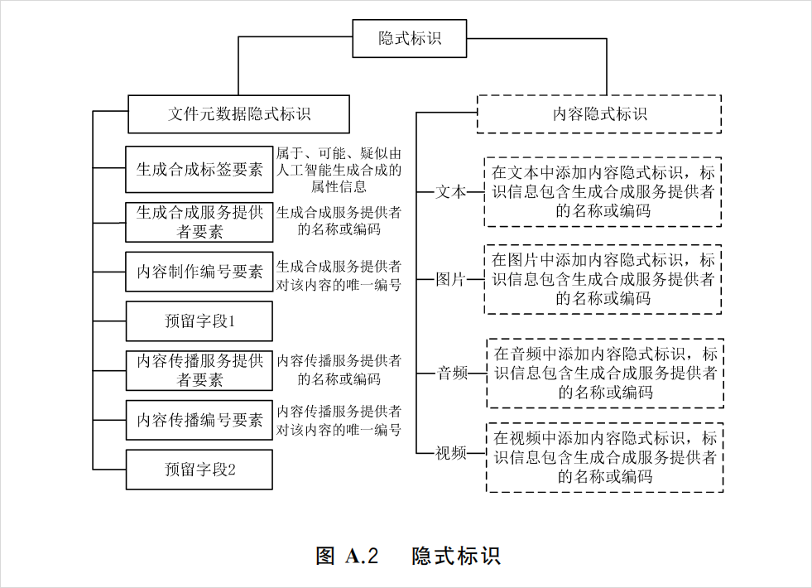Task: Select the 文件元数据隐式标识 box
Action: pos(239,113)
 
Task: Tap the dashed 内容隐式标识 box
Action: pos(599,114)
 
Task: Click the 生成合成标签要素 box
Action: pos(199,170)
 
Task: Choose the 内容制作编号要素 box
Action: pos(199,272)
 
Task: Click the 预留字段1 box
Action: pos(199,321)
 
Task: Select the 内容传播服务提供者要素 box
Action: pos(199,370)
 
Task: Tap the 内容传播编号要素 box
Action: pos(199,420)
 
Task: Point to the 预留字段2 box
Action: pos(199,470)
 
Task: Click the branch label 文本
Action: pos(451,192)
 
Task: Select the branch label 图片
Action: pos(451,279)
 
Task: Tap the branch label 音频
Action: pos(453,373)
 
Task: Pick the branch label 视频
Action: pos(451,453)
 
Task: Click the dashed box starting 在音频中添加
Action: pos(605,373)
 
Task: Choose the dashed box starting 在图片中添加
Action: pos(603,279)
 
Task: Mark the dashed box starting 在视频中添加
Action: pos(605,457)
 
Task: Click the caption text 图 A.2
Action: pos(348,556)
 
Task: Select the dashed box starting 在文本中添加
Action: pos(603,191)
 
